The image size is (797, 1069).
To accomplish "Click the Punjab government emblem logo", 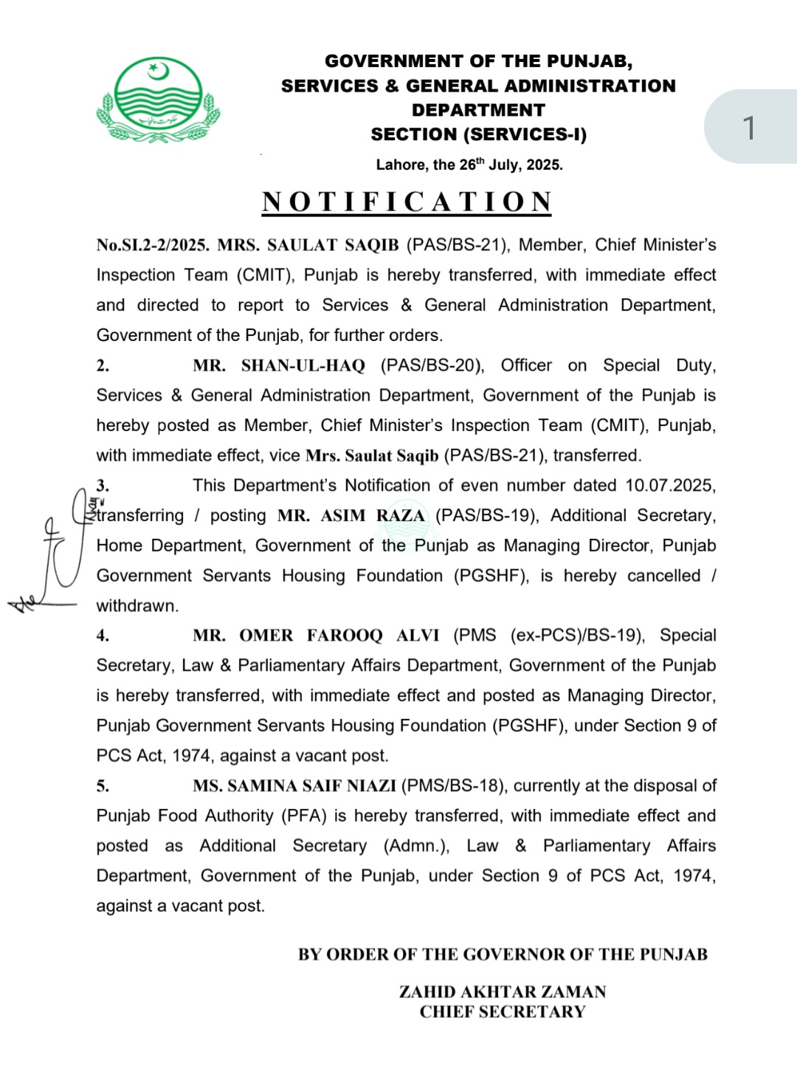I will pyautogui.click(x=158, y=100).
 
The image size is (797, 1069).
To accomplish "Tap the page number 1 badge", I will pyautogui.click(x=749, y=128).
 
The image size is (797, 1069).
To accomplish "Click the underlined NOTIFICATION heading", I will pyautogui.click(x=407, y=202).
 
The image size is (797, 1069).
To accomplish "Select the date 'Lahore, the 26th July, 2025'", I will pyautogui.click(x=469, y=165).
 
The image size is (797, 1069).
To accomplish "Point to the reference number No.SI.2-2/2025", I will pyautogui.click(x=153, y=245).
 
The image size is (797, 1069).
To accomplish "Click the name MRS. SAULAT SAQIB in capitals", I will pyautogui.click(x=308, y=245).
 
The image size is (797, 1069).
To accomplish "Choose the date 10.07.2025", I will pyautogui.click(x=670, y=486).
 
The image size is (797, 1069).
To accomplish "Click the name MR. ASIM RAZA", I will pyautogui.click(x=351, y=516).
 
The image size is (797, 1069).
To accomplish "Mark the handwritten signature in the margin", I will pyautogui.click(x=55, y=554).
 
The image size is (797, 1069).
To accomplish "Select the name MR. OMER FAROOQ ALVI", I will pyautogui.click(x=316, y=636).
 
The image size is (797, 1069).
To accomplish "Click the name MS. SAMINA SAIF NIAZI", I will pyautogui.click(x=294, y=786).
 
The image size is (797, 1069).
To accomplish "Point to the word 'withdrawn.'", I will pyautogui.click(x=137, y=606).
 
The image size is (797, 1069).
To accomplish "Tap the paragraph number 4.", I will pyautogui.click(x=103, y=636).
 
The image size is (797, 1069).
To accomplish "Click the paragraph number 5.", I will pyautogui.click(x=103, y=786).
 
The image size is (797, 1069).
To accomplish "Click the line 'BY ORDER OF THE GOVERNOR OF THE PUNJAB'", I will pyautogui.click(x=503, y=955).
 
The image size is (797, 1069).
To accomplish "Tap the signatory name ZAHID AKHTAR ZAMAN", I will pyautogui.click(x=503, y=991).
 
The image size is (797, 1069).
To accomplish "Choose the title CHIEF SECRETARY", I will pyautogui.click(x=503, y=1012).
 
